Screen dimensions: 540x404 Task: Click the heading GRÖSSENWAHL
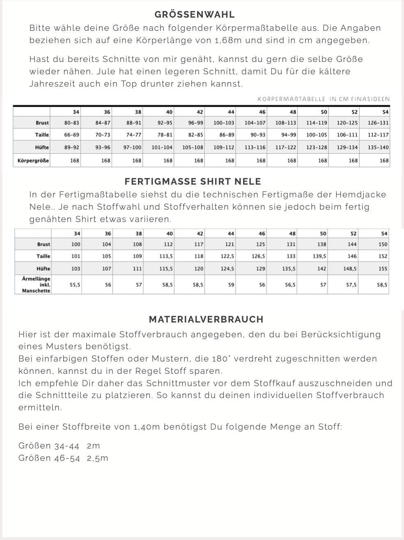point(195,14)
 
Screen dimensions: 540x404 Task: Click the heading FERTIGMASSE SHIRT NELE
point(193,181)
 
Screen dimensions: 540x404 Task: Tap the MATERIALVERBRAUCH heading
point(206,319)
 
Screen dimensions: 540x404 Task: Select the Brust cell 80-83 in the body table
point(71,123)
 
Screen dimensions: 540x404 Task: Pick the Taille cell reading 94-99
point(288,135)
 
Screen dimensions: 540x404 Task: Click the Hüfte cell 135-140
point(378,147)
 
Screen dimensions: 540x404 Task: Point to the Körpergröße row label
point(33,160)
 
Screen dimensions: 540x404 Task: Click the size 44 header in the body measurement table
point(231,112)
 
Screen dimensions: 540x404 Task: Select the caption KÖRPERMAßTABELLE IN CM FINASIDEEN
point(324,99)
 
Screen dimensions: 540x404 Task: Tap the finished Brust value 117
point(199,244)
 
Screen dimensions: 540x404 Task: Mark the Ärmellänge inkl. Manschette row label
point(36,284)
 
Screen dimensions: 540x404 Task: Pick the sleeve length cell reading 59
point(231,284)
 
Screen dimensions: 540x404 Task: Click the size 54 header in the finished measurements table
point(384,233)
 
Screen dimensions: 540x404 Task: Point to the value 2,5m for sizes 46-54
point(97,458)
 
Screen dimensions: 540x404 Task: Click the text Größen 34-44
point(49,446)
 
